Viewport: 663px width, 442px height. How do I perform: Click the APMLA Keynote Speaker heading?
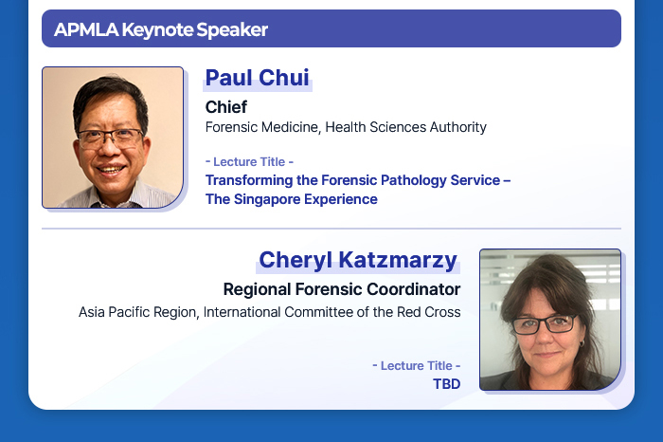161,29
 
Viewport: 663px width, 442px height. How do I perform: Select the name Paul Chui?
257,78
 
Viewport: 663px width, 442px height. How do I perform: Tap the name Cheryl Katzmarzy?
358,260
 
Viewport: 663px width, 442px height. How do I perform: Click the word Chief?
226,107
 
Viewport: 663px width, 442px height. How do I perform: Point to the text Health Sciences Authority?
406,127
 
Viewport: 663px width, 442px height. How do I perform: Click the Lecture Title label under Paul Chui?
249,162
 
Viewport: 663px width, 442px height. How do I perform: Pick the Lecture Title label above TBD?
417,366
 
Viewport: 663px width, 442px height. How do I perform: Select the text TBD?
446,384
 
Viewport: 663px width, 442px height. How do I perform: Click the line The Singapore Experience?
292,199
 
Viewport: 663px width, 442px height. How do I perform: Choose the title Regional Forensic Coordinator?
342,289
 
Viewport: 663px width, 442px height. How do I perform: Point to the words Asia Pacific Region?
137,312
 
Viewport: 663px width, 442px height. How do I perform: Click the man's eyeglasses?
110,138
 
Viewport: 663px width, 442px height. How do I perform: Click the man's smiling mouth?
111,170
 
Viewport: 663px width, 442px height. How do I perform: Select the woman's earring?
582,343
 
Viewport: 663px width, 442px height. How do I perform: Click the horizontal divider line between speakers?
331,229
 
